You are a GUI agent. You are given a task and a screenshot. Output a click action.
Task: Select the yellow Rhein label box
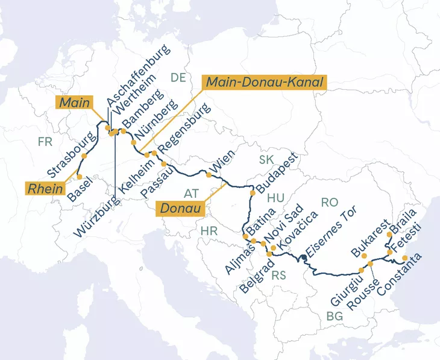tap(46, 189)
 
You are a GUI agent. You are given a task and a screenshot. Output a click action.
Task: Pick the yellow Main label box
tap(75, 103)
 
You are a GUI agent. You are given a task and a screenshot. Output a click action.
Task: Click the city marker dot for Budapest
tap(253, 192)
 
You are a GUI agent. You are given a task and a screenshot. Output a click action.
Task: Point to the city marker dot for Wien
tap(209, 175)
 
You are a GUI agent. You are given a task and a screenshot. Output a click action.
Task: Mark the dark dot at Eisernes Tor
tap(304, 257)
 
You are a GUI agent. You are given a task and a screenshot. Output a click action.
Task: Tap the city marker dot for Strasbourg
tap(84, 156)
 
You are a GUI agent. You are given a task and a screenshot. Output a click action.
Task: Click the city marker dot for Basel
tap(79, 177)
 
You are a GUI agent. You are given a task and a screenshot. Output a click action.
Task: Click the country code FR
tap(45, 142)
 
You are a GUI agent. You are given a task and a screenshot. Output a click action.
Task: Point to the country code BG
tap(334, 316)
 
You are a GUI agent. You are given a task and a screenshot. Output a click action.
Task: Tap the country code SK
tap(266, 160)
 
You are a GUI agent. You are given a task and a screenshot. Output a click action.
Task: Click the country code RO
tap(329, 203)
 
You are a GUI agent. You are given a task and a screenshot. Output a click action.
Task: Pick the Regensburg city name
tap(184, 129)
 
